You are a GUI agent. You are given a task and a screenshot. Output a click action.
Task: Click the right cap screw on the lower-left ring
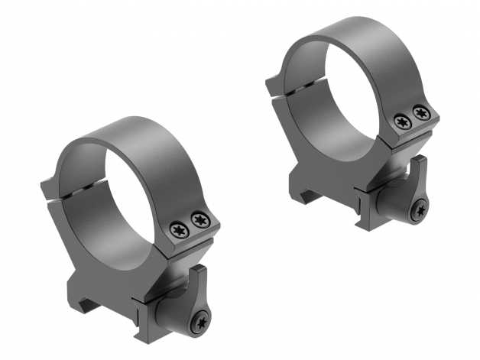(200, 220)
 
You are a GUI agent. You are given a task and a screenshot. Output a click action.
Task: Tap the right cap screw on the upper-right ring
(419, 114)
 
